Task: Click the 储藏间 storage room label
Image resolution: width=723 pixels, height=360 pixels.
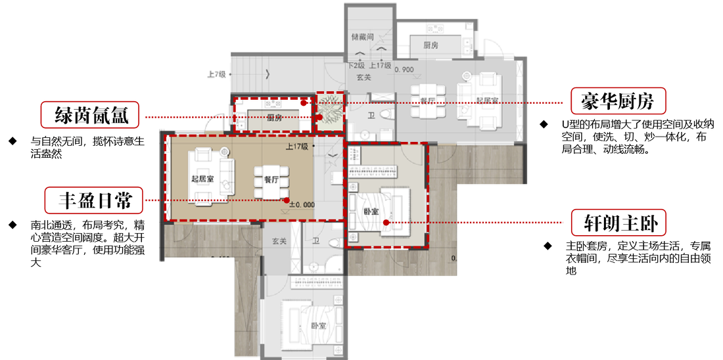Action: tap(363, 37)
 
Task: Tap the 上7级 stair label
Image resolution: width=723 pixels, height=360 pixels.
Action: tap(217, 74)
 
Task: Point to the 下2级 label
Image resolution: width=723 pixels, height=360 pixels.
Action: tap(356, 66)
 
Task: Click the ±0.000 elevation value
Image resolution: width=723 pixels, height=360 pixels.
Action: tap(302, 204)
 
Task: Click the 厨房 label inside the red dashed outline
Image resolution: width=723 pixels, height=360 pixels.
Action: tap(274, 118)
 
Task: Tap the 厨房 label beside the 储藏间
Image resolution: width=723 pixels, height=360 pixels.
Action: tap(431, 45)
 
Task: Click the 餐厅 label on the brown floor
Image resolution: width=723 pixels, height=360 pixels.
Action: tap(272, 179)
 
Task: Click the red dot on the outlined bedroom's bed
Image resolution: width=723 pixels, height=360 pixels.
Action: tap(386, 222)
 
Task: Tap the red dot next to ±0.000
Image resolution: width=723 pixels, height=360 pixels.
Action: tap(287, 200)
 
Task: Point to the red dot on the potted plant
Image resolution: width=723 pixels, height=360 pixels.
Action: tap(319, 117)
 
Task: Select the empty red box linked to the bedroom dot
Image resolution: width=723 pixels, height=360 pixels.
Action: tap(618, 223)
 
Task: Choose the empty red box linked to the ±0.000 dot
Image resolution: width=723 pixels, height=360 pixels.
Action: tap(93, 200)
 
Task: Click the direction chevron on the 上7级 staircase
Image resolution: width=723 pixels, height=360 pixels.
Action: tap(267, 74)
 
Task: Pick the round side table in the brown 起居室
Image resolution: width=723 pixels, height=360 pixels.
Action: tap(224, 150)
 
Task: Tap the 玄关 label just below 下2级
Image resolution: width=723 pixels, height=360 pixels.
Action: tap(363, 78)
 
